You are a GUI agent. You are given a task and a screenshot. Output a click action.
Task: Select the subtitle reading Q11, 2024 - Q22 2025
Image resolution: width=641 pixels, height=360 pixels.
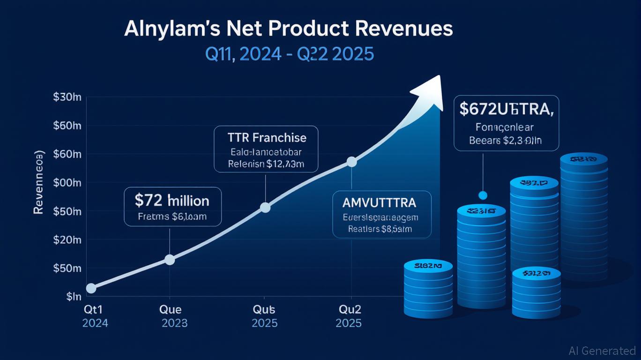(290, 54)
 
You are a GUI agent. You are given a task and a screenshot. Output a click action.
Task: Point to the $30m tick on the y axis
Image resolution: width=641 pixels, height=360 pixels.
(67, 97)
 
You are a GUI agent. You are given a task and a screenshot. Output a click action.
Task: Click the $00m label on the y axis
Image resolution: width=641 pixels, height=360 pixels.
(67, 183)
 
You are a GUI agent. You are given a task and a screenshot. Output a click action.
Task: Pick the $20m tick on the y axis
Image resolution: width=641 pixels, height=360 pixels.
(67, 240)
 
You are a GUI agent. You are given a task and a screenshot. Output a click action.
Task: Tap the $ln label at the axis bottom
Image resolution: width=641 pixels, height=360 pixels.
(74, 297)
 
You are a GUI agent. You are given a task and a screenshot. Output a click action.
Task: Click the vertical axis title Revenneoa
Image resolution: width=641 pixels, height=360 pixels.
(39, 183)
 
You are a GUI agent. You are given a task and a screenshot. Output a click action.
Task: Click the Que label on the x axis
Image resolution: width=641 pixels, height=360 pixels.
(171, 310)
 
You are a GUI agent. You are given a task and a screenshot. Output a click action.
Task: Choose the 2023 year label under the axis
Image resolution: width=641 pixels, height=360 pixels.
(174, 323)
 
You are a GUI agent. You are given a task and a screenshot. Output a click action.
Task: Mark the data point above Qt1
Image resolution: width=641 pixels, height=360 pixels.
(91, 288)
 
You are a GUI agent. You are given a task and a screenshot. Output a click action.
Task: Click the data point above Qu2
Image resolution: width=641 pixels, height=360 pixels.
(351, 162)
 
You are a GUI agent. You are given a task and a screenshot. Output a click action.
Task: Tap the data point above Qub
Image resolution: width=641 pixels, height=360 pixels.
(265, 207)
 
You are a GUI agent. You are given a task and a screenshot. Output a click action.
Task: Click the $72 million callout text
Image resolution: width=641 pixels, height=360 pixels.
(172, 201)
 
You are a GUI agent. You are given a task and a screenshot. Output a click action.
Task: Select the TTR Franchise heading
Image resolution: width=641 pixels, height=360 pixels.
(266, 138)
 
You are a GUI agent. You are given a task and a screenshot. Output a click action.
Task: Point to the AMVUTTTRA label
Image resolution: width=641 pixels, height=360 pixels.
(379, 202)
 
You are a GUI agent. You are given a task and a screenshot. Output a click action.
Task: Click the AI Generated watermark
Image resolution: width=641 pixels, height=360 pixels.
(602, 350)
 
